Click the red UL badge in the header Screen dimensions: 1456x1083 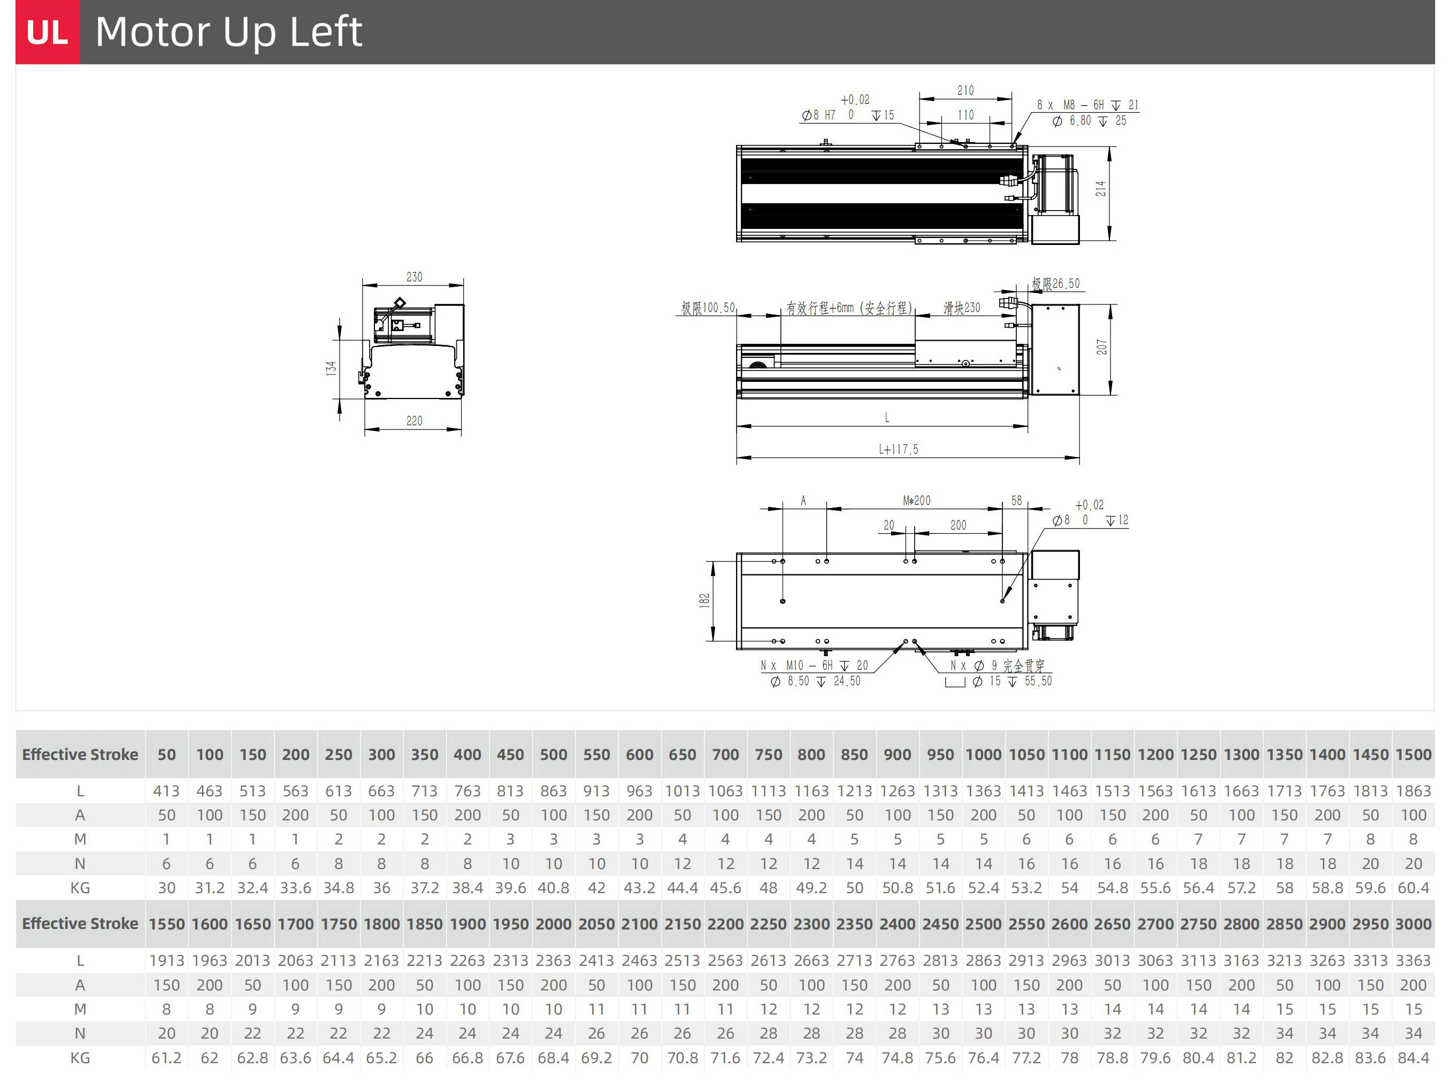(47, 32)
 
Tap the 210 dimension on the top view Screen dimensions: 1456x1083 (965, 90)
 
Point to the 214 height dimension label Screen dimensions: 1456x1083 (1101, 189)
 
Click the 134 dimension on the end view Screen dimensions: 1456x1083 (331, 368)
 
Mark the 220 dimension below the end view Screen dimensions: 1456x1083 (415, 421)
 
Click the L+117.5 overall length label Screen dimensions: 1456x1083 (899, 450)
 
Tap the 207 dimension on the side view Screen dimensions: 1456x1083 (1102, 348)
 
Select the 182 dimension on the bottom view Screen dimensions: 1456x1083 (704, 601)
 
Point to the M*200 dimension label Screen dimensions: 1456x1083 (916, 501)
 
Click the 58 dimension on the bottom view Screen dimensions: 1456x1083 (1017, 501)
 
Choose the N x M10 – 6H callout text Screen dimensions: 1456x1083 (814, 665)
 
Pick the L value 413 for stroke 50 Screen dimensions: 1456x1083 (166, 792)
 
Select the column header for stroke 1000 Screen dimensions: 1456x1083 (983, 755)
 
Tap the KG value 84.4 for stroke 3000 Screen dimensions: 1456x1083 (1413, 1058)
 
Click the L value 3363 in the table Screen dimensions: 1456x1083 (1413, 961)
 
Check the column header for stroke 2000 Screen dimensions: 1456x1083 (553, 924)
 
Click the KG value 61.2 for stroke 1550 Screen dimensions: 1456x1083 (166, 1058)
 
